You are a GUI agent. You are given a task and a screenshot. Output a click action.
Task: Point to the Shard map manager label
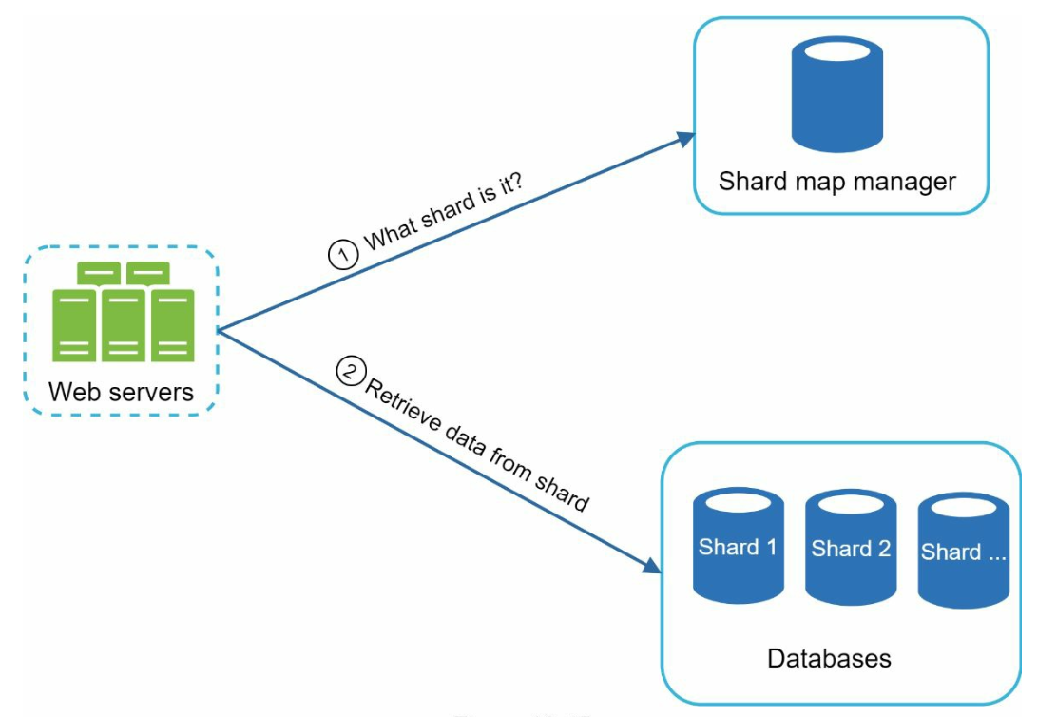tap(836, 181)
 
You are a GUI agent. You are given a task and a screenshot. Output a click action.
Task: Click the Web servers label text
tap(121, 391)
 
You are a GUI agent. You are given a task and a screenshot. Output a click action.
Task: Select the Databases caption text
tap(829, 658)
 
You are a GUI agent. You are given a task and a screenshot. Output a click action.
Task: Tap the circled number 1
tap(342, 255)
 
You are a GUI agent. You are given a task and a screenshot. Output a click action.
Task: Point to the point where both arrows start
tap(219, 330)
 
